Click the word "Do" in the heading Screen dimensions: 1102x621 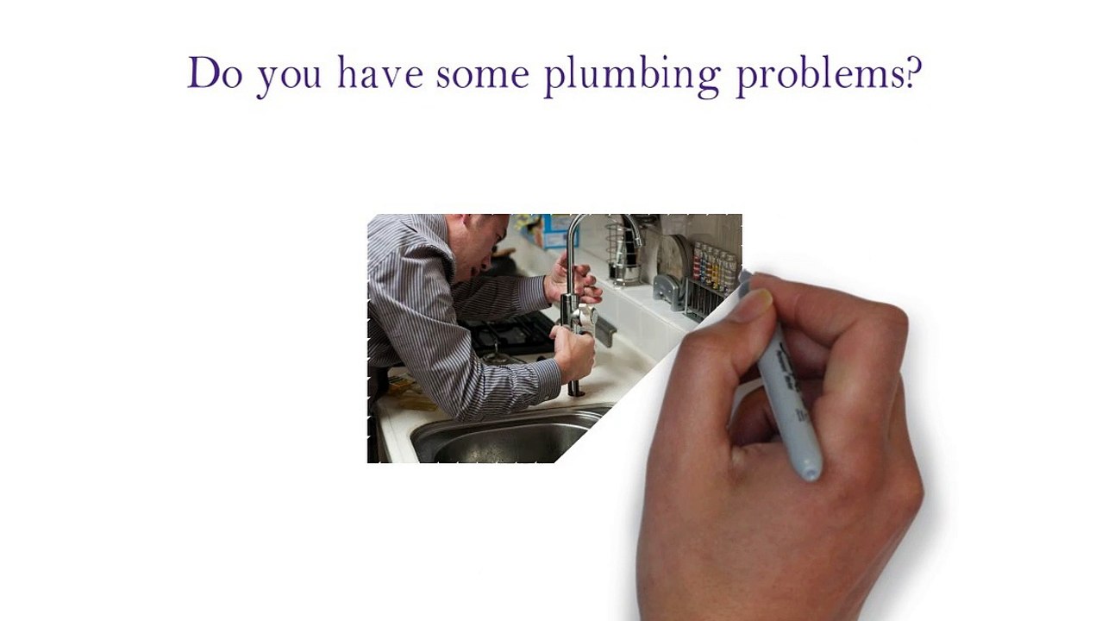point(215,72)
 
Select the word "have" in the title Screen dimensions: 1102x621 point(380,72)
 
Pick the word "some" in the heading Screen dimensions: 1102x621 point(483,76)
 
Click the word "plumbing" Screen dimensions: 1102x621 point(633,76)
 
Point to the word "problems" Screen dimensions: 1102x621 point(820,76)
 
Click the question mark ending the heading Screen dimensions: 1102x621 point(913,72)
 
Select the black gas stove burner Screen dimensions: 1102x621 point(510,335)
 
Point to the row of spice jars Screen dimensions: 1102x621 point(716,266)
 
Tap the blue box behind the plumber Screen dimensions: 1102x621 point(559,231)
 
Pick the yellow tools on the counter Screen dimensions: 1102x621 point(410,393)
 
